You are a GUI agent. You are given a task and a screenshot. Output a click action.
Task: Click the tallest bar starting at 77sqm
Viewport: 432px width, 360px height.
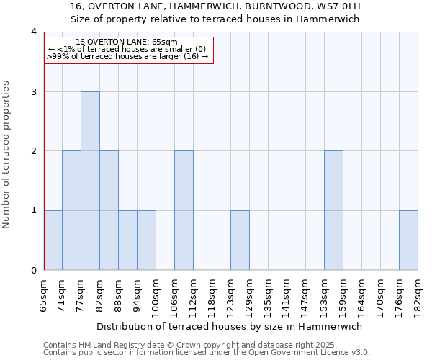[90, 181]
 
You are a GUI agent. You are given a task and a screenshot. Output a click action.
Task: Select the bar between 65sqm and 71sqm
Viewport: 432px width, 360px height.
[53, 240]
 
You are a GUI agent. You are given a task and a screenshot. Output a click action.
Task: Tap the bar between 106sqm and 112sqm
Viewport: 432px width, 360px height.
[184, 210]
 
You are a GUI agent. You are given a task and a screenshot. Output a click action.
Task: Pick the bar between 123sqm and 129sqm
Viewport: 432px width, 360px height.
[240, 240]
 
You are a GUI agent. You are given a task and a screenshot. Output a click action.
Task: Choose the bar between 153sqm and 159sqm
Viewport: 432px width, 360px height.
[333, 210]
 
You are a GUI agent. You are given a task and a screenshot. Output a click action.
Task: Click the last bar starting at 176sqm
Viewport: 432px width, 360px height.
[408, 240]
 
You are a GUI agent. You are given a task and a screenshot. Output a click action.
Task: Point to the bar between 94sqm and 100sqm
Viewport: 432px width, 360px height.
[146, 240]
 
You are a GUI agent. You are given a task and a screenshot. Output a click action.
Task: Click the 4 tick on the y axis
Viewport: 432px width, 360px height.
[33, 32]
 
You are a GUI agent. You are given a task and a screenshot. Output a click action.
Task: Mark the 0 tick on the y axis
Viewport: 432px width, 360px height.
[33, 271]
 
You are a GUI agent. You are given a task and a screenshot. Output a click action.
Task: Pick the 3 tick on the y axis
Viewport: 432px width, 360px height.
[33, 92]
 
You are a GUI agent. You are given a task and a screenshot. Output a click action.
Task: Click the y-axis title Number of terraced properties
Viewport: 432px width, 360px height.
[6, 154]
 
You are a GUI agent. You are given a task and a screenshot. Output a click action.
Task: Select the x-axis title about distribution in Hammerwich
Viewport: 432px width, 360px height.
[229, 326]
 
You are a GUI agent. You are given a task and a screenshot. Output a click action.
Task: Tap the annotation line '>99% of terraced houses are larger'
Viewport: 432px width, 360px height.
[128, 56]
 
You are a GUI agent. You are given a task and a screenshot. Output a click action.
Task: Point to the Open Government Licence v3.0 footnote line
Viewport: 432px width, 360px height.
[207, 353]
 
